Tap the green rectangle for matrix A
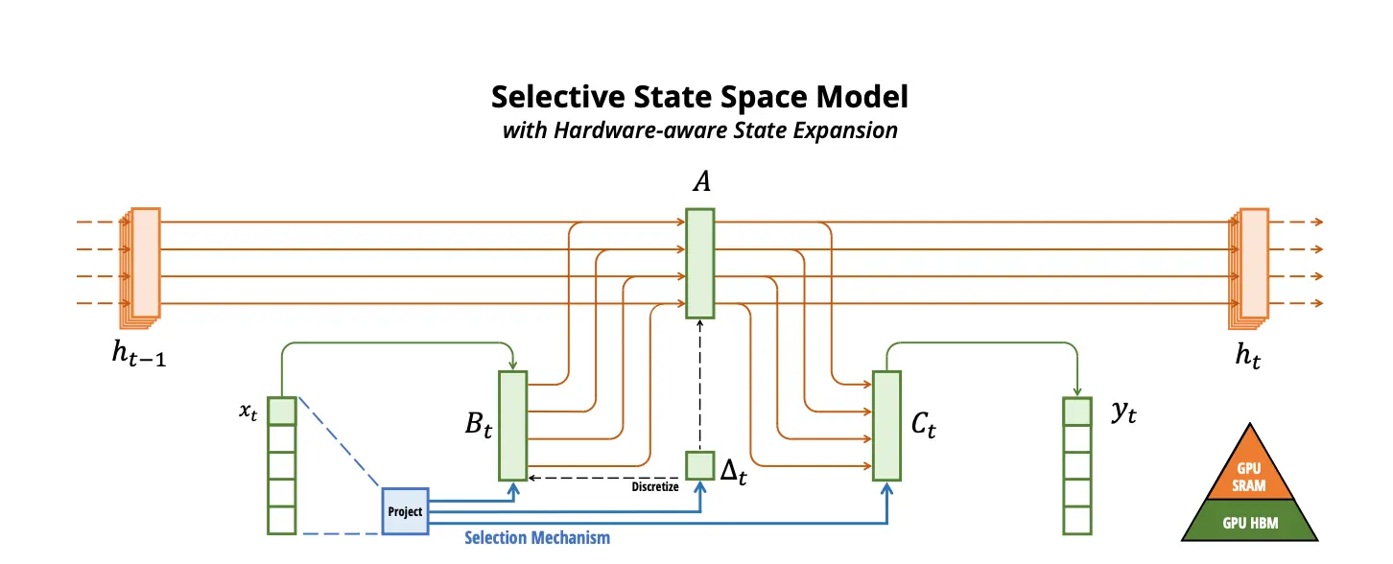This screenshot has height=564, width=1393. point(699,263)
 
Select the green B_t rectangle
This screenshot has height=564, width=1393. point(513,425)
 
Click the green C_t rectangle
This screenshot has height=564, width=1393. point(886,425)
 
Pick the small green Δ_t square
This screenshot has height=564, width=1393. point(699,465)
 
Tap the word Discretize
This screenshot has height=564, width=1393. point(655,487)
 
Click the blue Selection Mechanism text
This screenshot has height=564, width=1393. point(537,537)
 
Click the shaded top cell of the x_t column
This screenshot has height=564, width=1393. point(282,411)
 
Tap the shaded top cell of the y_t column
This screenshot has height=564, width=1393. point(1077,411)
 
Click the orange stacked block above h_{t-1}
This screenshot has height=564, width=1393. point(144,263)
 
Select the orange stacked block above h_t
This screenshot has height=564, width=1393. point(1251,263)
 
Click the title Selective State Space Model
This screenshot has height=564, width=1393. point(699,98)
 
